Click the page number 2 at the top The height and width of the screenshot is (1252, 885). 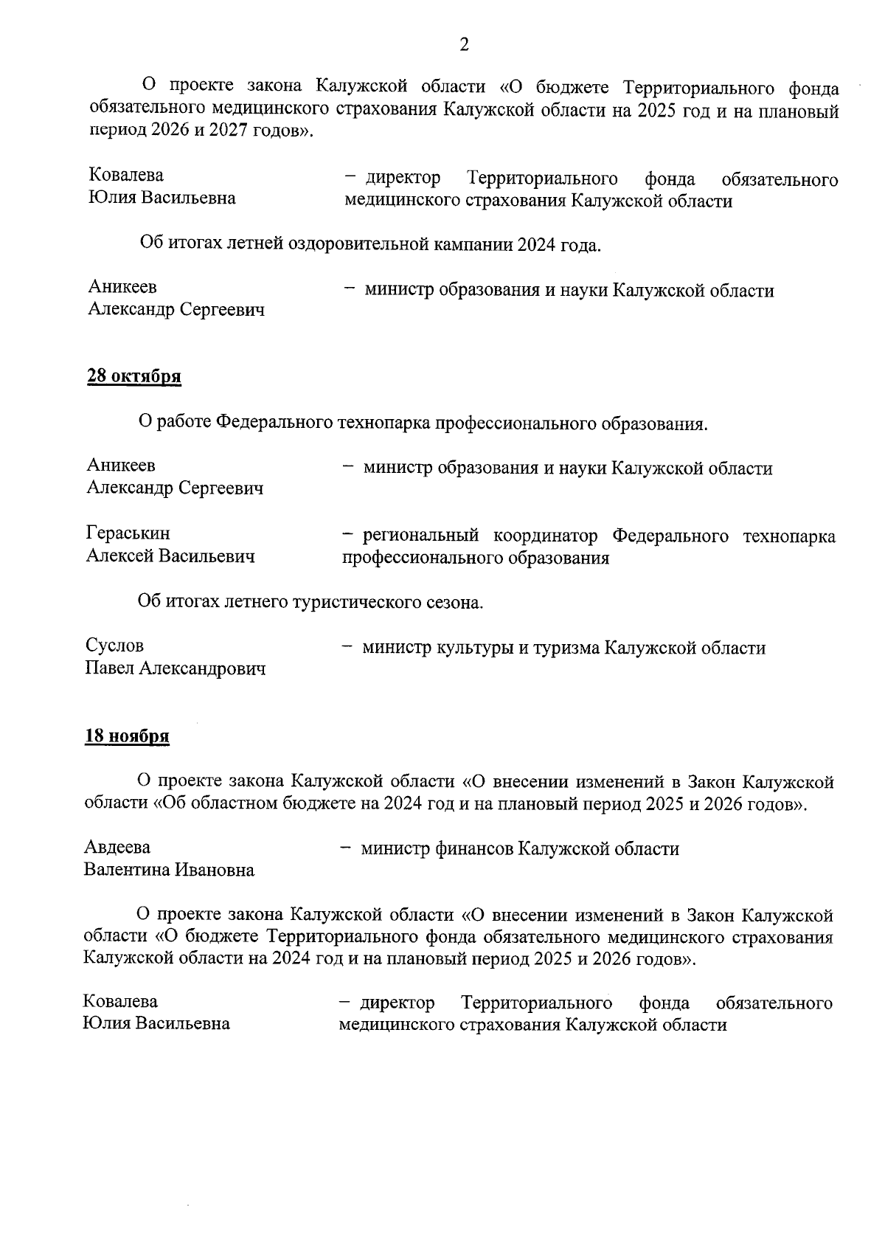click(x=464, y=45)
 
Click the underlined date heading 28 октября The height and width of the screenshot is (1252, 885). click(x=134, y=376)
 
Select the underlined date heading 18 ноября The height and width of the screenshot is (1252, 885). click(x=128, y=736)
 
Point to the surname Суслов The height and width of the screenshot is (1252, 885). click(x=114, y=646)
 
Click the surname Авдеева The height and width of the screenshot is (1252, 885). click(x=117, y=848)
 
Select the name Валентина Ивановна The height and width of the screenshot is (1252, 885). click(x=169, y=871)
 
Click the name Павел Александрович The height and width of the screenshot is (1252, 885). click(x=176, y=668)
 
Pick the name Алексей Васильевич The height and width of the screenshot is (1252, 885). click(x=170, y=556)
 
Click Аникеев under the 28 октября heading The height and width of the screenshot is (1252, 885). click(x=121, y=466)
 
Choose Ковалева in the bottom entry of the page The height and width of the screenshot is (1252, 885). click(x=120, y=1001)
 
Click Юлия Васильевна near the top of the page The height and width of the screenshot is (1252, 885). click(x=162, y=198)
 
